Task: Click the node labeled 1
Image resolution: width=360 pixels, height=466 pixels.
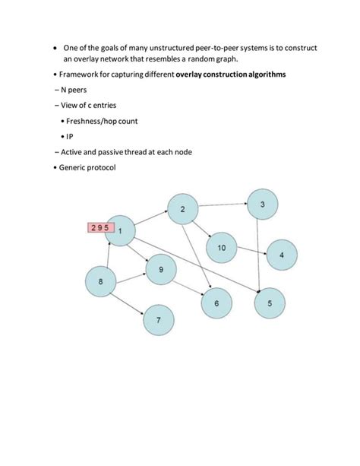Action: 121,230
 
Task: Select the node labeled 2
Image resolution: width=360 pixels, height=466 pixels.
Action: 182,209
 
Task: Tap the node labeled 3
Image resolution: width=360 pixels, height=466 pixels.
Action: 262,204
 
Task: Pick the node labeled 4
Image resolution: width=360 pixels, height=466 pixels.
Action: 281,255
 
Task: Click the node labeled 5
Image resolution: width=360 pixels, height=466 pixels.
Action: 269,303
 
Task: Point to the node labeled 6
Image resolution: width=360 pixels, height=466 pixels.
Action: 216,303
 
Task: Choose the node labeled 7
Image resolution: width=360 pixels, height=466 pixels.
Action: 158,320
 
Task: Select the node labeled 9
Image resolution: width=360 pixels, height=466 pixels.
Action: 160,270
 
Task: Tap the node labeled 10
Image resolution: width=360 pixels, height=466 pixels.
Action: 221,248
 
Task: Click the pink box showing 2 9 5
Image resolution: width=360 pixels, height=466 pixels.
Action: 99,227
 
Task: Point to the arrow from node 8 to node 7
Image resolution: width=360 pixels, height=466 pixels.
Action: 130,302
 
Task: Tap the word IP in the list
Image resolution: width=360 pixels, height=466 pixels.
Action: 68,137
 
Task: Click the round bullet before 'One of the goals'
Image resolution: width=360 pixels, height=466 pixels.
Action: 47,49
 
